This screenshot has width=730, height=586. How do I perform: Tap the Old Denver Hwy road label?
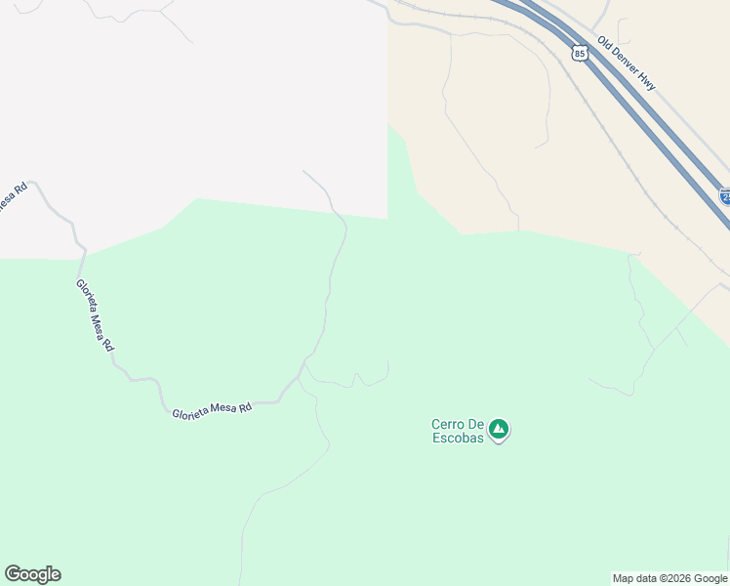tap(626, 65)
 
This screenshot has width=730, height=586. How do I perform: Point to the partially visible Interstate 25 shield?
tap(725, 196)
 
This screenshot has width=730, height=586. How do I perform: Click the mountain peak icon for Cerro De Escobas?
tap(499, 429)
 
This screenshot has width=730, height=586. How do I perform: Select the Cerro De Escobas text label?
tap(459, 431)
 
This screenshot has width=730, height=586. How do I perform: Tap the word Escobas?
tap(459, 438)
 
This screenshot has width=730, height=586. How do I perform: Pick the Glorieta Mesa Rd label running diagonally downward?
tap(96, 315)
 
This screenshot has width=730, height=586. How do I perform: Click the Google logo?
tap(32, 574)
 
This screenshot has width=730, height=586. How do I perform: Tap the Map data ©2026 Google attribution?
tap(670, 578)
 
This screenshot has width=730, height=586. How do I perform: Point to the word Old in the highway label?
tap(605, 45)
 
